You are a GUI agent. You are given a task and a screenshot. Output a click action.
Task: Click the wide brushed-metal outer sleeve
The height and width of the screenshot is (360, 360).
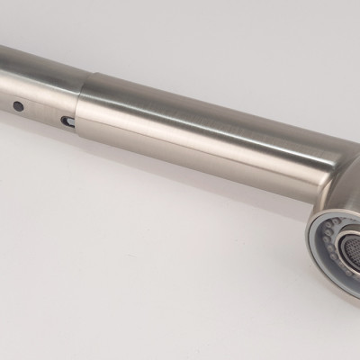tap(198, 135)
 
